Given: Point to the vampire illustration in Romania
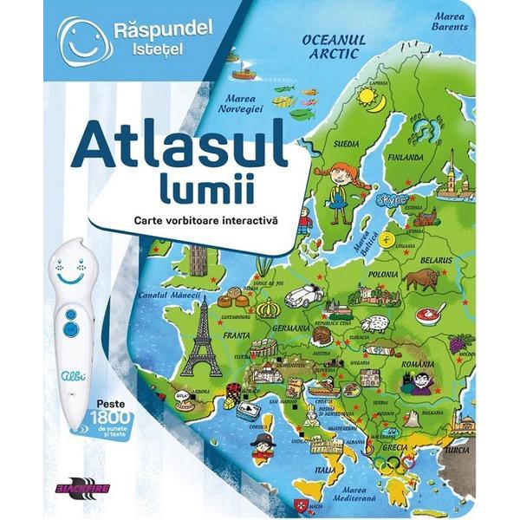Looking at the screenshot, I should point(422,380).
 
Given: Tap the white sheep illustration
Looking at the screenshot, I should point(374,323).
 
